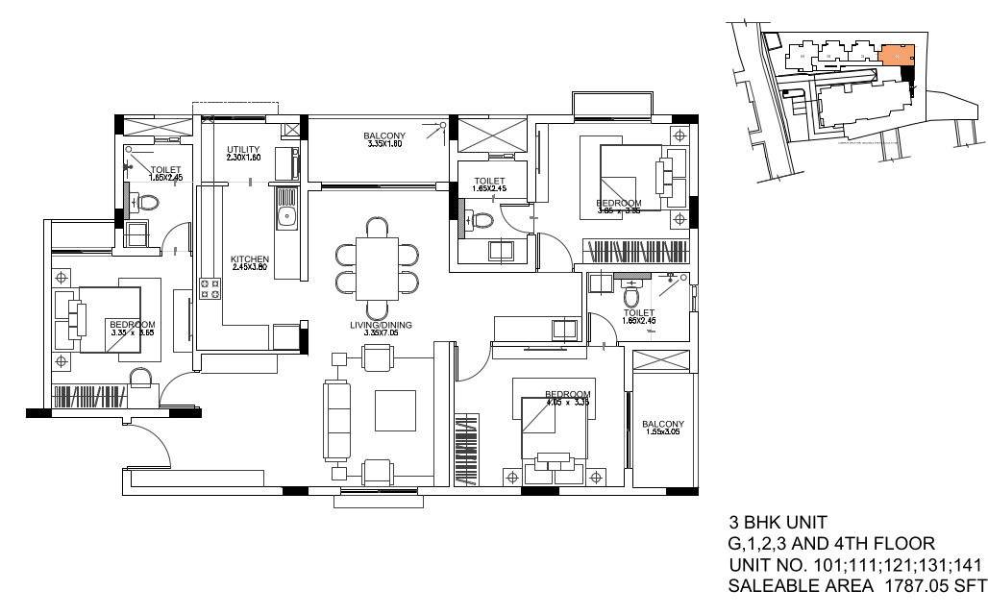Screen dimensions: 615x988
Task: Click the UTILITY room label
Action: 243,150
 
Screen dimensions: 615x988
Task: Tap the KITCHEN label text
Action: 249,260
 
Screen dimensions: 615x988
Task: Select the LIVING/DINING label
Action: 381,326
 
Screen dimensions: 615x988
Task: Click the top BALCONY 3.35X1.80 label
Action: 383,135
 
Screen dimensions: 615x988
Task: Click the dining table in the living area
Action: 378,255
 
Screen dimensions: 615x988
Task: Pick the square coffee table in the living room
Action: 395,410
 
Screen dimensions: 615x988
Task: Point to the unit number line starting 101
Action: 854,563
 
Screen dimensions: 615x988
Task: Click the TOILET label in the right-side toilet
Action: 639,312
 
